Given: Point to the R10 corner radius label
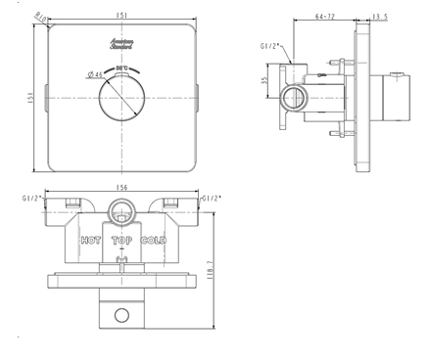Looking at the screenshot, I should (x=41, y=17).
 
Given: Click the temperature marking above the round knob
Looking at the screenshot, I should (x=122, y=68).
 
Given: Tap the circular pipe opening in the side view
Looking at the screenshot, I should (x=292, y=97).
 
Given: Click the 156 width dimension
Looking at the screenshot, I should (x=122, y=189).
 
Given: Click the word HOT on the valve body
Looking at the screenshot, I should (x=90, y=240).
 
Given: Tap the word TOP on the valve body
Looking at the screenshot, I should (x=122, y=240).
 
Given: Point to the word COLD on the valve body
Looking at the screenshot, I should (x=154, y=240).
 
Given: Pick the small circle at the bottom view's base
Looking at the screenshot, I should (x=122, y=314).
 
